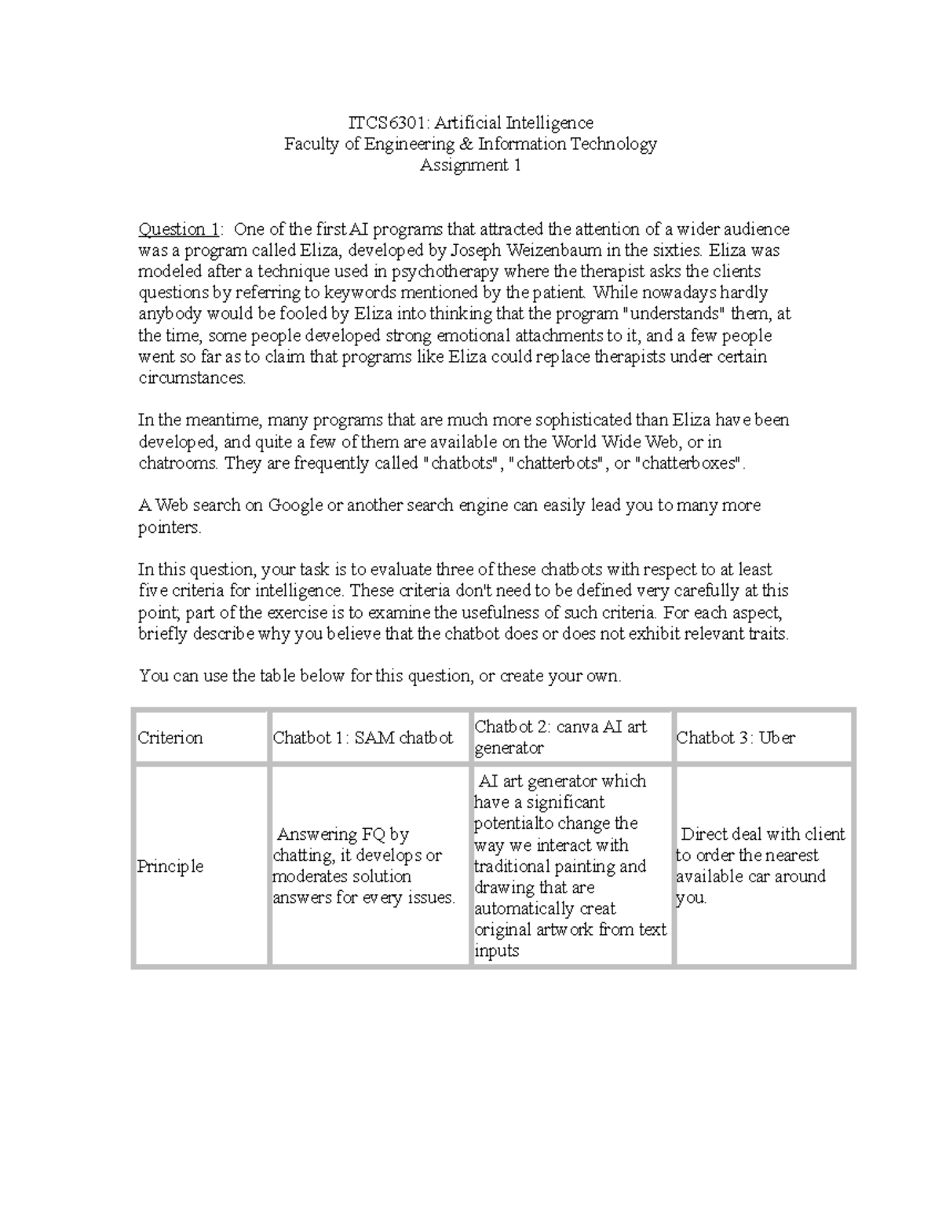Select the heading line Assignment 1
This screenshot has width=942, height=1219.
click(470, 165)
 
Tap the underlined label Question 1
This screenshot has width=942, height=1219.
click(179, 229)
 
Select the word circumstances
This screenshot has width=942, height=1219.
click(192, 378)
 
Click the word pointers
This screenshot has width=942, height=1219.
click(169, 527)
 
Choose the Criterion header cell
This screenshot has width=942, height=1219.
click(170, 738)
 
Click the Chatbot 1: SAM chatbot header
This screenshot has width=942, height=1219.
click(363, 738)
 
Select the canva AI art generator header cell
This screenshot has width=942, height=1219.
click(560, 737)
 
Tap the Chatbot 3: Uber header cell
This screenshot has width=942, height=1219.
click(736, 738)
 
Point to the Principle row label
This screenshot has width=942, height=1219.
click(170, 867)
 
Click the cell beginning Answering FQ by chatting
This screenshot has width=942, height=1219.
click(364, 866)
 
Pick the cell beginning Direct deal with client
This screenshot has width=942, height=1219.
click(760, 866)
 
